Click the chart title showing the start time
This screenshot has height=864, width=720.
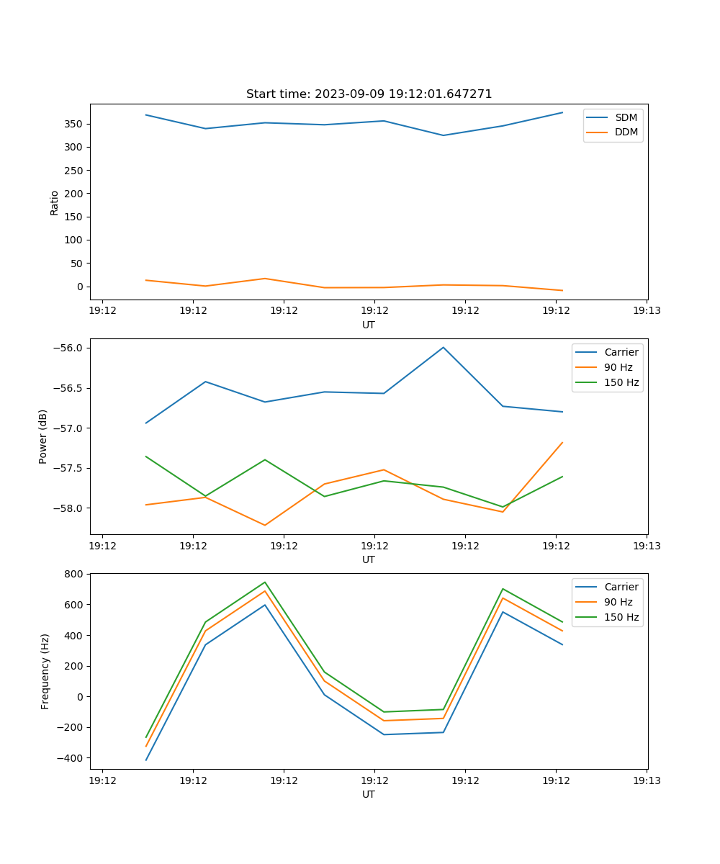click(369, 94)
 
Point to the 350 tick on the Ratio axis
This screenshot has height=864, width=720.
click(75, 124)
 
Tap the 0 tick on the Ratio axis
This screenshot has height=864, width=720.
click(80, 287)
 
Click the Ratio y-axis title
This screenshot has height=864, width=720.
click(55, 202)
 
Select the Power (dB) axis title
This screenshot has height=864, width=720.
click(43, 436)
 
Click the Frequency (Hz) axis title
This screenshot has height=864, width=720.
click(45, 671)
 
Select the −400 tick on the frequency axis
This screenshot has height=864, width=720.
click(70, 758)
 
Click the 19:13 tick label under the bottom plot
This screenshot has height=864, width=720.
click(647, 780)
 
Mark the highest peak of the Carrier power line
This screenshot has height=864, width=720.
click(444, 347)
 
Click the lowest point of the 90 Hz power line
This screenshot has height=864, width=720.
click(265, 525)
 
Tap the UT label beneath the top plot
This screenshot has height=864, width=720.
click(369, 325)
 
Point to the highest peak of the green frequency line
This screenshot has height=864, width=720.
click(265, 582)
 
